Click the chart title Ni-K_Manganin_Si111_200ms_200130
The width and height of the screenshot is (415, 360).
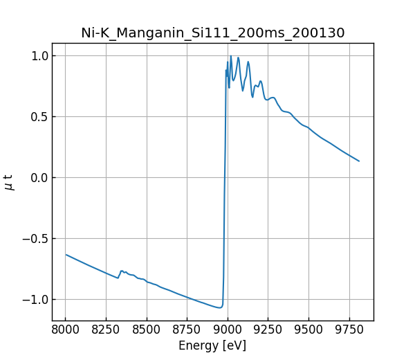212,33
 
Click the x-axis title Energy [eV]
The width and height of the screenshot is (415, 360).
212,345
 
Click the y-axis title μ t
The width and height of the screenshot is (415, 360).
9,182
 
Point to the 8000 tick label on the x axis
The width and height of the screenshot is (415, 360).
65,330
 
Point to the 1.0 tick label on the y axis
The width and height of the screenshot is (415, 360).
38,55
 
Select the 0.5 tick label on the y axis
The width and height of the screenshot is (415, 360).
38,116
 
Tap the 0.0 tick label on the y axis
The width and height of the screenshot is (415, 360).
38,177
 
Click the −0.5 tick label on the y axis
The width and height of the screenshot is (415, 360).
35,238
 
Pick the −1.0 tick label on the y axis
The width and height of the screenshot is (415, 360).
35,299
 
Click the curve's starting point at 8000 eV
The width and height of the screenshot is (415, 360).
66,255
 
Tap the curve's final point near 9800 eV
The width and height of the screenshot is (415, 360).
359,161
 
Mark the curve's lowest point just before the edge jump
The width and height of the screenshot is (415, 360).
220,307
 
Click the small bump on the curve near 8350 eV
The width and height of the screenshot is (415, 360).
122,271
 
